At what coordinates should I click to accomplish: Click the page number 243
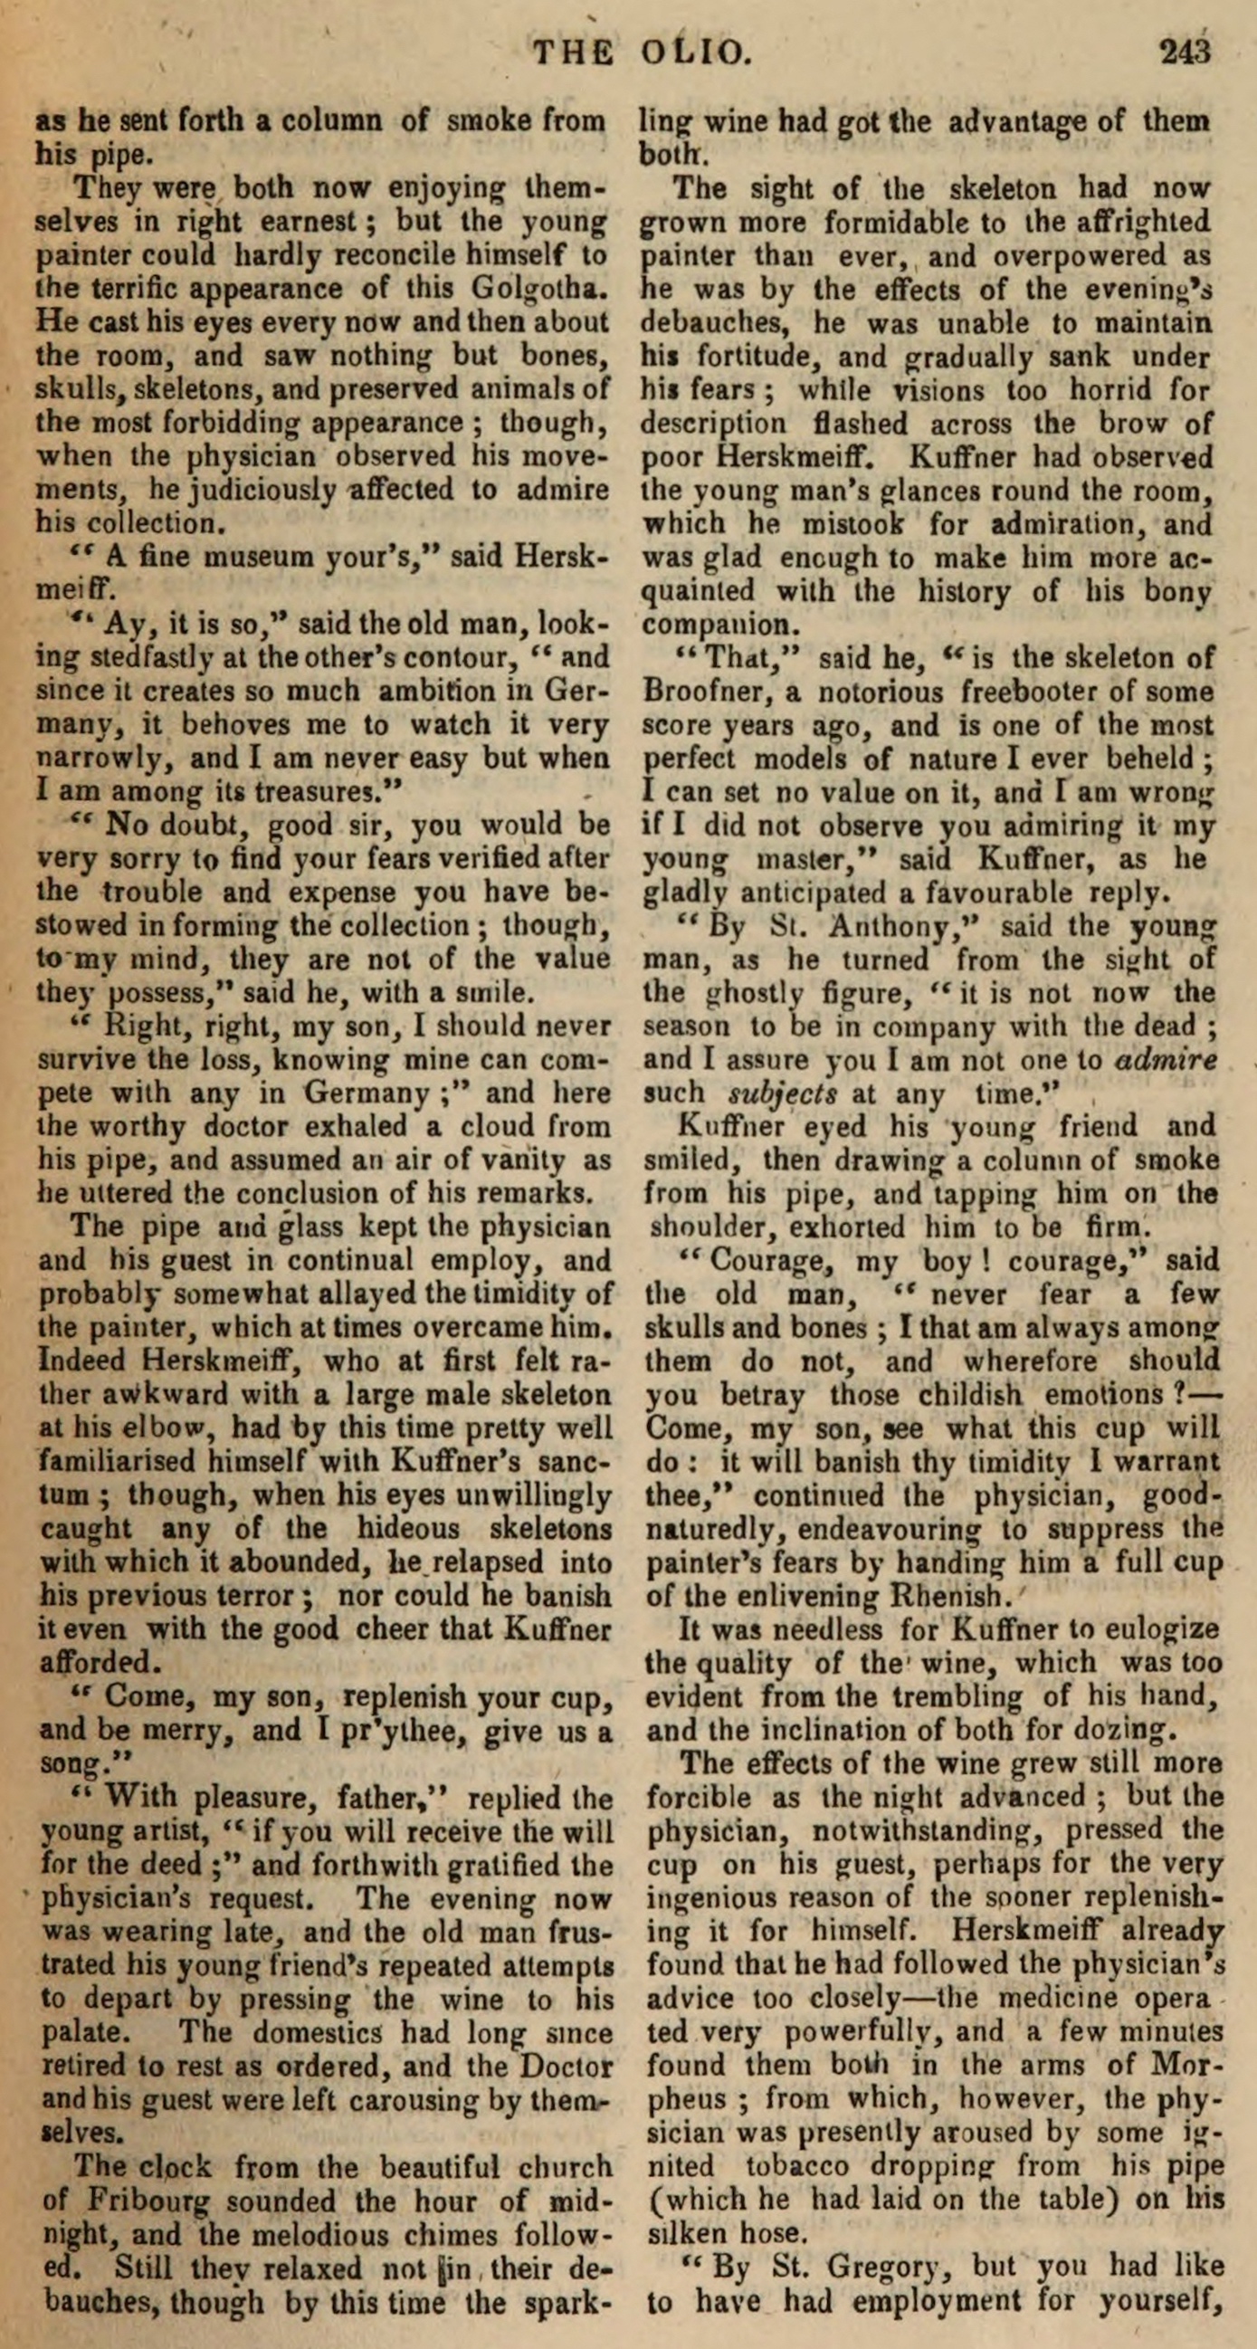coord(1184,53)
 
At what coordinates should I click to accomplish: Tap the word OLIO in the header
coord(697,53)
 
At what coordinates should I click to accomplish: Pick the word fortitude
coord(735,357)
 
